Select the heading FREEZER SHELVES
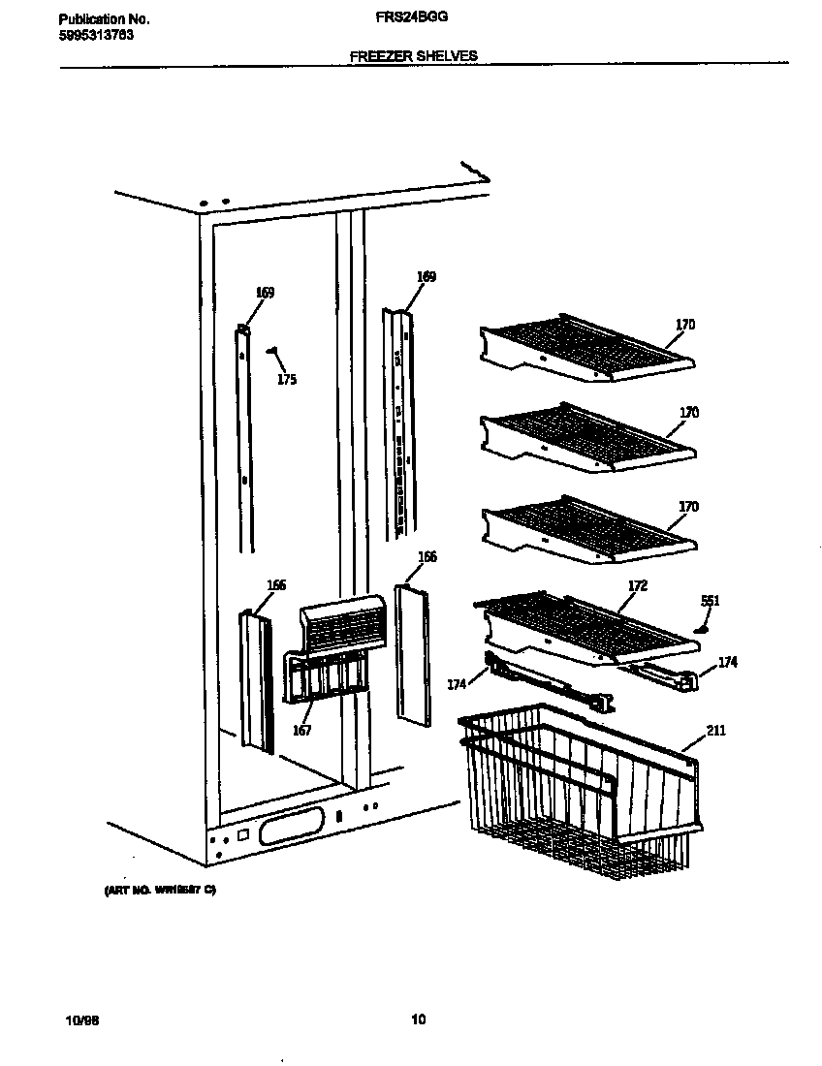click(414, 56)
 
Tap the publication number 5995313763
click(96, 36)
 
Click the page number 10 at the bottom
click(418, 1019)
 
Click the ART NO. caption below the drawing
click(160, 890)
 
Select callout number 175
click(287, 380)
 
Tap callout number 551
click(710, 602)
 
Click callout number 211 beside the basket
click(715, 731)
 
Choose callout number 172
click(638, 586)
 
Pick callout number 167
click(302, 731)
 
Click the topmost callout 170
click(685, 325)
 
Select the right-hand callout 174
click(727, 663)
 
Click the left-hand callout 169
click(265, 293)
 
